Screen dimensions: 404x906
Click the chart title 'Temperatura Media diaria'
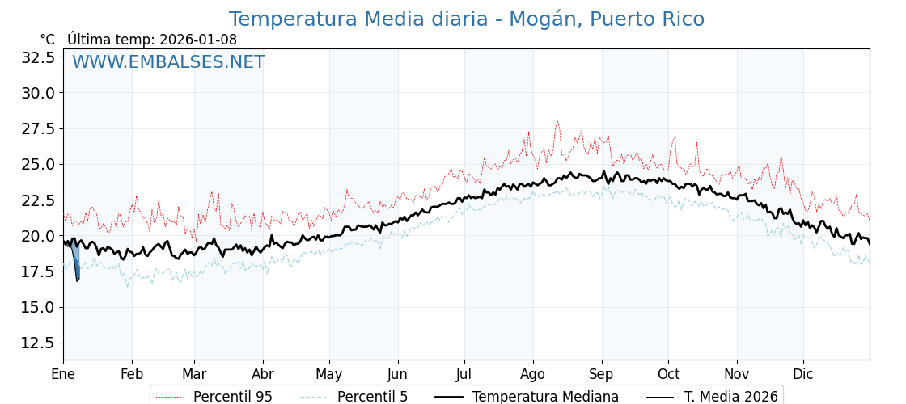466,19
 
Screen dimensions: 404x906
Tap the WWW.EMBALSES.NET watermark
168,62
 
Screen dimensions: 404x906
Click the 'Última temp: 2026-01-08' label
152,40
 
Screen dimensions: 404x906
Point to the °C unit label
48,40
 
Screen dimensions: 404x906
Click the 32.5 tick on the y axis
38,57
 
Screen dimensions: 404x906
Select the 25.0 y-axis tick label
38,164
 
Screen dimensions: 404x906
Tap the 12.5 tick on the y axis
38,343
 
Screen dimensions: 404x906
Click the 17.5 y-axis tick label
38,271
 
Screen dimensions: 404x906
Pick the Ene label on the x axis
63,374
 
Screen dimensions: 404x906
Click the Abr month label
263,374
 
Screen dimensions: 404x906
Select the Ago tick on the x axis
533,374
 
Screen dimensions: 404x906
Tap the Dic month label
803,374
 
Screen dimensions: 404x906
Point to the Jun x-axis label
398,374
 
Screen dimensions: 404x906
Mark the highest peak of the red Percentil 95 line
557,120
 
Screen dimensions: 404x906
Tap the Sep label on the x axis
602,374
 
